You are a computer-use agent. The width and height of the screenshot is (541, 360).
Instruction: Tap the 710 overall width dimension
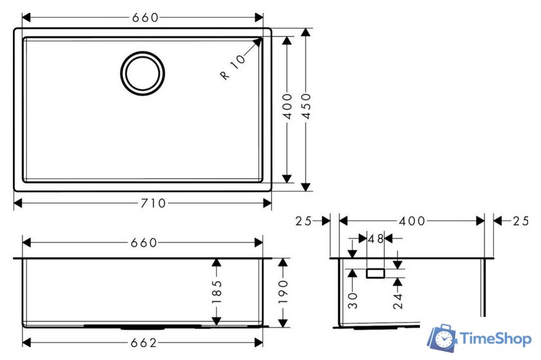click(153, 204)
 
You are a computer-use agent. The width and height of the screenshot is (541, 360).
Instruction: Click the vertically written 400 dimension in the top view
click(287, 107)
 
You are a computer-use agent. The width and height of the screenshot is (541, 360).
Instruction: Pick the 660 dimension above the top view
click(145, 17)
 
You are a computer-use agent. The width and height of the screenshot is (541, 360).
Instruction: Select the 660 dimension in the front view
click(144, 243)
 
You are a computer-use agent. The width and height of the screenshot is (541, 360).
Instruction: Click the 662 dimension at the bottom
click(144, 343)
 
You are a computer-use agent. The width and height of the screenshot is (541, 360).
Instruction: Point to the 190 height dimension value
click(283, 292)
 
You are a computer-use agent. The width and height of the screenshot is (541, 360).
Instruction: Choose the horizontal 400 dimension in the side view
click(412, 221)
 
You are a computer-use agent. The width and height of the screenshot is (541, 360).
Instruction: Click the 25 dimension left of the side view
click(303, 221)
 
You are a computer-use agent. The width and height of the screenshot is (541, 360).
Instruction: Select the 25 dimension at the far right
click(520, 221)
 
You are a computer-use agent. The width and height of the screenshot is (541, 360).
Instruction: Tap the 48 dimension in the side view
click(375, 239)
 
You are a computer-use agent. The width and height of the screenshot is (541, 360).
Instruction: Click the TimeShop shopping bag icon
click(443, 339)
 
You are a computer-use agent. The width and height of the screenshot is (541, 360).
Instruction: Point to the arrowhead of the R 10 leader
click(260, 40)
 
